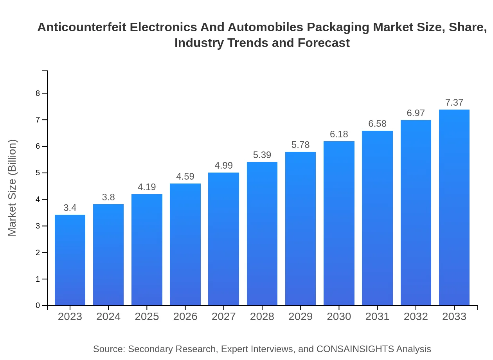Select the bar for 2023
[70, 260]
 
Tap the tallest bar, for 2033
[454, 207]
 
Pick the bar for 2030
[339, 223]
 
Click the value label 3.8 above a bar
[108, 198]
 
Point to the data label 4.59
[185, 176]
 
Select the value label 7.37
[454, 103]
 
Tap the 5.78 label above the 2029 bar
[300, 145]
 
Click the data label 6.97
[416, 113]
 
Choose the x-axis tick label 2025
[147, 317]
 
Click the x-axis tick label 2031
[377, 317]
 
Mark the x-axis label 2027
[224, 317]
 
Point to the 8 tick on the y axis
[38, 93]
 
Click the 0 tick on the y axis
[38, 306]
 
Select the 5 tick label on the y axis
[38, 173]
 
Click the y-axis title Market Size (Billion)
[13, 188]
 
